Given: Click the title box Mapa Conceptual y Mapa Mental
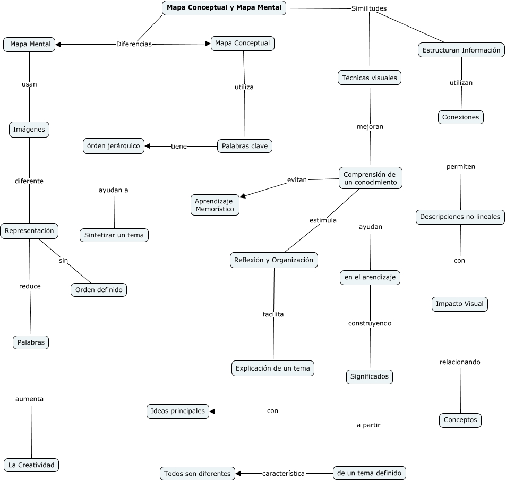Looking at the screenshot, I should click(224, 8).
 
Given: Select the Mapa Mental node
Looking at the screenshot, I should click(30, 45).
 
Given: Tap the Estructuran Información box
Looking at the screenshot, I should click(461, 50).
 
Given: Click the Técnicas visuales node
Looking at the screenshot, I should click(369, 78).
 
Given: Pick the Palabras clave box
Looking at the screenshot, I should click(244, 146).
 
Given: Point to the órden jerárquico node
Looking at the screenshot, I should click(114, 146).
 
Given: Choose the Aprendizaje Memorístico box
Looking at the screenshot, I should click(215, 205).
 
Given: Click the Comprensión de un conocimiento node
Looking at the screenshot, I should click(370, 178).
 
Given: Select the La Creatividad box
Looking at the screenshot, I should click(31, 465).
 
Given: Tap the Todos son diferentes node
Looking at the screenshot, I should click(197, 473).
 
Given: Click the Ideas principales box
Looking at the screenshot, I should click(177, 411).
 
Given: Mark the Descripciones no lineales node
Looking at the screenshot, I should click(460, 217).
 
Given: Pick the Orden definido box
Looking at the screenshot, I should click(99, 290).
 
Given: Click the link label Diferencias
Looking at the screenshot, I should click(134, 44).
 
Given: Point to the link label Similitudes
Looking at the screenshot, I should click(369, 8).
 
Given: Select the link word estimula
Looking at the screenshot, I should click(323, 220).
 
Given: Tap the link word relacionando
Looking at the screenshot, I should click(460, 362).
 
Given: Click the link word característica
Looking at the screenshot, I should click(284, 473).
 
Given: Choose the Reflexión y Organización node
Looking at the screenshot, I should click(274, 260).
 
